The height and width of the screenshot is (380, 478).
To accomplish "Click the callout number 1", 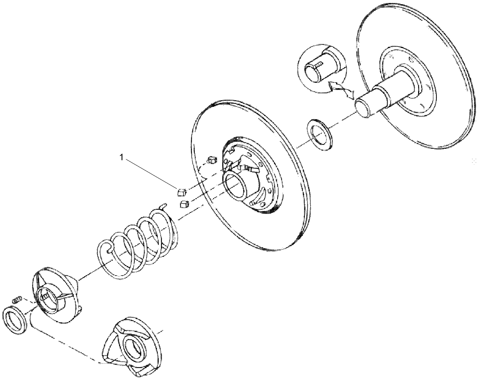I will [x=122, y=158].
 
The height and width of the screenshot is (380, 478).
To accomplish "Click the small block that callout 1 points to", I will [x=181, y=192].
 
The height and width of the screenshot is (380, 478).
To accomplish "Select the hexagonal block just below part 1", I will [x=184, y=204].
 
